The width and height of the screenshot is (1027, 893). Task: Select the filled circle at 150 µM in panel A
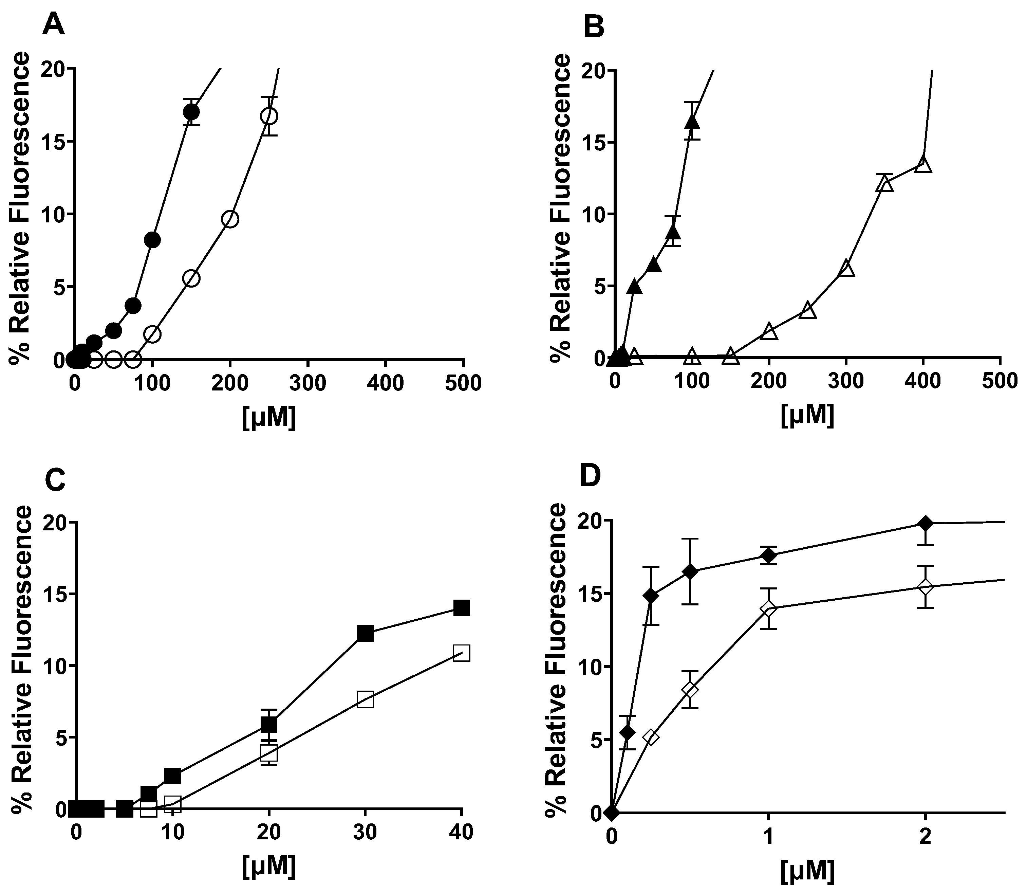click(x=191, y=112)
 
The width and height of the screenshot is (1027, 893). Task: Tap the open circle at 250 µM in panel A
click(x=269, y=116)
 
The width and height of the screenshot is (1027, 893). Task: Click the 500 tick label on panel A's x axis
click(x=463, y=383)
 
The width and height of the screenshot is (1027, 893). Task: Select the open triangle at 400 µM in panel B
click(x=923, y=164)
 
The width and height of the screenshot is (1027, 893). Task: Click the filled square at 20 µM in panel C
click(x=269, y=724)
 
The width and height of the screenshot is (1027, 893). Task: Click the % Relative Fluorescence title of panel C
click(x=22, y=659)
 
